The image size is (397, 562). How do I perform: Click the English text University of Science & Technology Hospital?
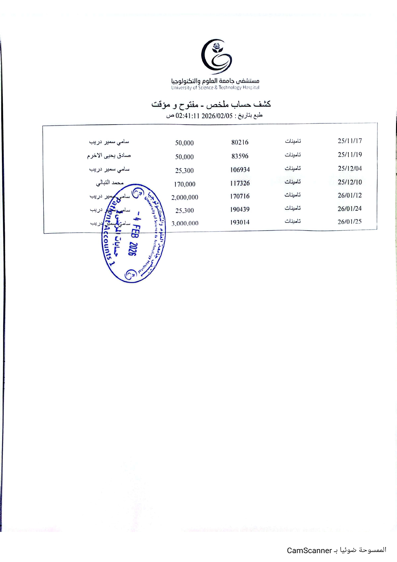pyautogui.click(x=215, y=88)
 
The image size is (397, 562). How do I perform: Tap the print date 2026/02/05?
pyautogui.click(x=217, y=116)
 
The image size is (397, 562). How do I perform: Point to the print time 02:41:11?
pyautogui.click(x=188, y=116)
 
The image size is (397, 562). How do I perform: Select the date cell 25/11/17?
pyautogui.click(x=350, y=141)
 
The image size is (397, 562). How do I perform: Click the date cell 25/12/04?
pyautogui.click(x=350, y=168)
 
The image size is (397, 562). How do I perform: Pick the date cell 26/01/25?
pyautogui.click(x=349, y=222)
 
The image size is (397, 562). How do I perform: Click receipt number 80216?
pyautogui.click(x=240, y=142)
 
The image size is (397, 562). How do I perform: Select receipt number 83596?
pyautogui.click(x=240, y=156)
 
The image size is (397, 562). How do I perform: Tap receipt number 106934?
pyautogui.click(x=240, y=170)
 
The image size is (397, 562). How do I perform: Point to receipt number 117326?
pyautogui.click(x=240, y=183)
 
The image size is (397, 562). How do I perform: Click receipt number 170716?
pyautogui.click(x=239, y=196)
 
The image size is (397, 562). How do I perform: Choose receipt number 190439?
pyautogui.click(x=239, y=209)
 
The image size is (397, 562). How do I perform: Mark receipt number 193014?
pyautogui.click(x=239, y=222)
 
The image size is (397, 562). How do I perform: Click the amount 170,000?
pyautogui.click(x=184, y=184)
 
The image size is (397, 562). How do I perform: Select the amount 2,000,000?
pyautogui.click(x=184, y=198)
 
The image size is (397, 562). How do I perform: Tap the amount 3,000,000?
pyautogui.click(x=185, y=224)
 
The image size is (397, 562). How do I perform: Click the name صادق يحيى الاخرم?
pyautogui.click(x=109, y=156)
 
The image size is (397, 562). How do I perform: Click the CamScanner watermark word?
pyautogui.click(x=309, y=550)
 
